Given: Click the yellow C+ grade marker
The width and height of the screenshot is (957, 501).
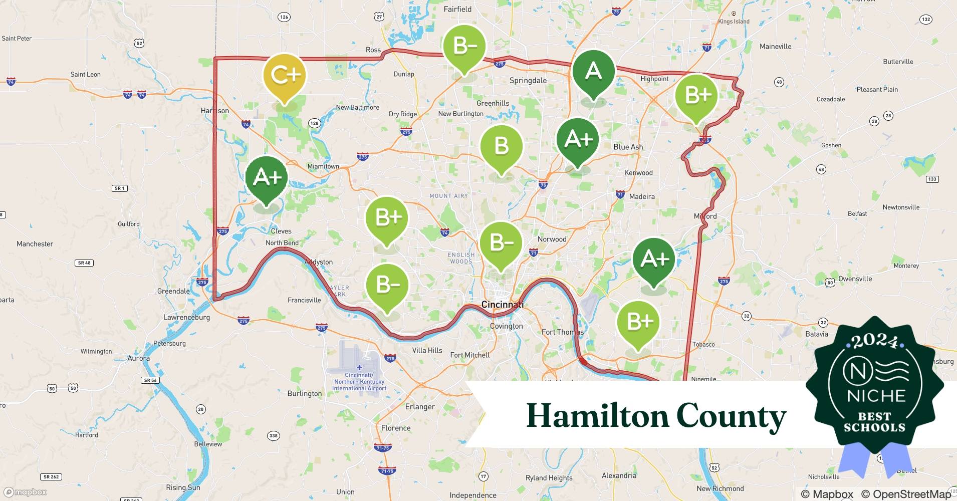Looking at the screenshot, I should pyautogui.click(x=285, y=75).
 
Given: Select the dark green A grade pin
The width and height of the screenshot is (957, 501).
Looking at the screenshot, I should pyautogui.click(x=593, y=71).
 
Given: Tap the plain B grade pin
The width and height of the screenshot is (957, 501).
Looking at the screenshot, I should pyautogui.click(x=501, y=146).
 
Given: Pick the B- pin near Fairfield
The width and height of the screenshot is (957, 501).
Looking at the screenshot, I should pyautogui.click(x=464, y=47).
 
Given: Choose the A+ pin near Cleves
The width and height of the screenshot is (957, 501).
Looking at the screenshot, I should pyautogui.click(x=267, y=177).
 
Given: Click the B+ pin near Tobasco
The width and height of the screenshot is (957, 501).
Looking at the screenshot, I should pyautogui.click(x=638, y=322).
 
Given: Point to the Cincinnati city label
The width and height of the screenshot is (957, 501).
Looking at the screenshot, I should pyautogui.click(x=502, y=305).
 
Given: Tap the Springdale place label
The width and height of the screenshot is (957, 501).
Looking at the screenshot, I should pyautogui.click(x=528, y=81).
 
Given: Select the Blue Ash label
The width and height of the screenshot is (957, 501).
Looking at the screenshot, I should pyautogui.click(x=628, y=147).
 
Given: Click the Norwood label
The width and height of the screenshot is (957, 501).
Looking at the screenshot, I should pyautogui.click(x=552, y=239).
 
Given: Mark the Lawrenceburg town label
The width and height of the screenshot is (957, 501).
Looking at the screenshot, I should pyautogui.click(x=186, y=317).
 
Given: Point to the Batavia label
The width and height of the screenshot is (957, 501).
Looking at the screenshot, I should pyautogui.click(x=816, y=334).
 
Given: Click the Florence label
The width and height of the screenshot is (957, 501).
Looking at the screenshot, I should pyautogui.click(x=395, y=428).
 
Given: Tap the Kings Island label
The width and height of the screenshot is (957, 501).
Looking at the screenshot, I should pyautogui.click(x=734, y=22).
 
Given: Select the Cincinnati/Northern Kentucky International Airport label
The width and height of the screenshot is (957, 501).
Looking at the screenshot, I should pyautogui.click(x=359, y=381).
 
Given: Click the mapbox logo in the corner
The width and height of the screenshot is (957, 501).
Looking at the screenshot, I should pyautogui.click(x=25, y=492).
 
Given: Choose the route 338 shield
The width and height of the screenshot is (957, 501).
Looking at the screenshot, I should pyautogui.click(x=273, y=435).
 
